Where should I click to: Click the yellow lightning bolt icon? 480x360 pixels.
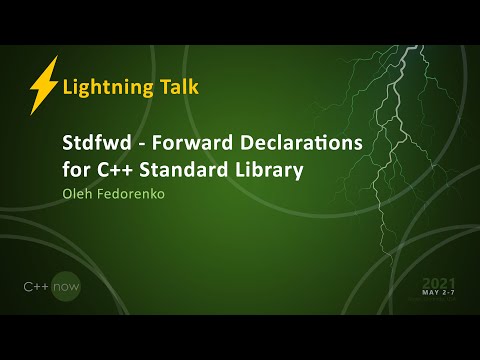tap(43, 85)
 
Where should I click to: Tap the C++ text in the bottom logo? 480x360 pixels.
tap(37, 287)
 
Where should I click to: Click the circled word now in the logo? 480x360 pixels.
tap(67, 287)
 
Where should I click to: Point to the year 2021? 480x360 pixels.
tap(438, 283)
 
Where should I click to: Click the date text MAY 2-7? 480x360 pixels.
tap(438, 294)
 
